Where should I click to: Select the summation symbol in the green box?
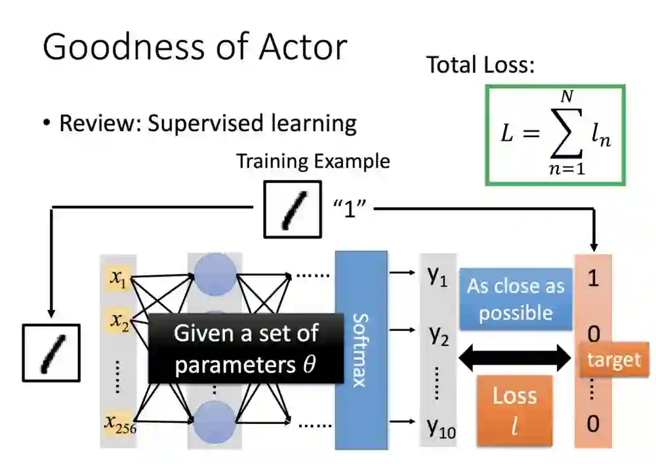click(x=562, y=134)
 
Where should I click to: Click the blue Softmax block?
click(x=361, y=349)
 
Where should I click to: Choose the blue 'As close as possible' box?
click(x=516, y=299)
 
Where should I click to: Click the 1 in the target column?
click(x=593, y=279)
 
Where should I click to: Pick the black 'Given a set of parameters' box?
click(x=245, y=348)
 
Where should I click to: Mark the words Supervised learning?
click(x=252, y=123)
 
